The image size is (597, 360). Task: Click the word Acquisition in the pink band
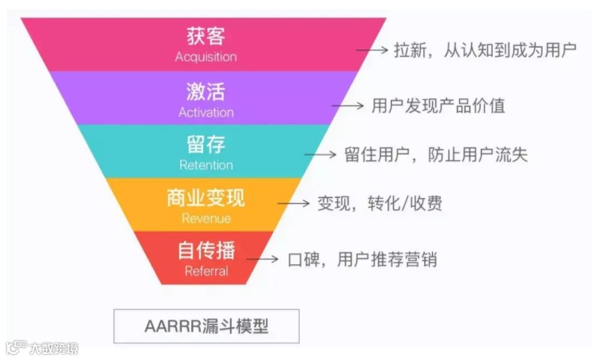tap(205, 57)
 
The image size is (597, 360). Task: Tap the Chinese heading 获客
tap(205, 36)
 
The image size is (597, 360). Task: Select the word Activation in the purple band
tap(206, 112)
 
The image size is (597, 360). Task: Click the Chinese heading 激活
tap(205, 92)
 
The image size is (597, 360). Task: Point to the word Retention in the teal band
tap(206, 164)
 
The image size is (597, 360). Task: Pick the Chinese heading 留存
tap(205, 145)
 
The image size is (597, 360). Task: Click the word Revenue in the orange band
tap(206, 219)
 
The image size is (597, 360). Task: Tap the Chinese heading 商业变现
tap(205, 199)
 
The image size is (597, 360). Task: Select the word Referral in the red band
tap(206, 271)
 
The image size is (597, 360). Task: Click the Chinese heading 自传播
tap(205, 250)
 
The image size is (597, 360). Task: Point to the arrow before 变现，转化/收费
tap(294, 204)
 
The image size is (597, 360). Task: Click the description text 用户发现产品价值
tap(438, 105)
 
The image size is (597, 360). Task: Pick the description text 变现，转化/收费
tap(380, 204)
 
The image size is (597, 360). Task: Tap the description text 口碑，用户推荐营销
tap(362, 259)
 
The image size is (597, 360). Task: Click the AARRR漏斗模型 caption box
tap(206, 327)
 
